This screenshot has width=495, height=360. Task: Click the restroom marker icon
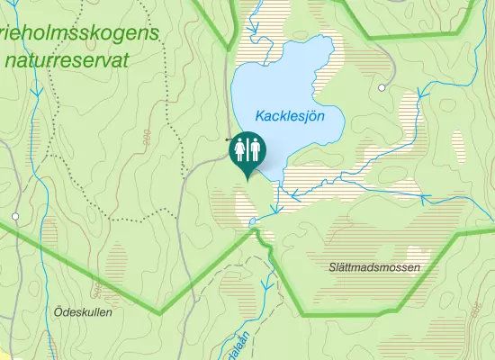tap(247, 149)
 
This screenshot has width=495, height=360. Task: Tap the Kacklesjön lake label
tap(289, 116)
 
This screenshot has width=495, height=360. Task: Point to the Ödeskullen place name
tap(82, 312)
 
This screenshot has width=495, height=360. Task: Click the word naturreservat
tap(66, 60)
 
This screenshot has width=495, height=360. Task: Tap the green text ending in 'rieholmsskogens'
tap(81, 33)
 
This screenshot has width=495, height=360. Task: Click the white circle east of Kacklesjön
tap(382, 87)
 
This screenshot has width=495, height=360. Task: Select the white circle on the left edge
tap(15, 217)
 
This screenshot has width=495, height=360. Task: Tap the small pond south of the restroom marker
tap(253, 220)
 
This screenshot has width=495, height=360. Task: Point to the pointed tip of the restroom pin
tap(247, 179)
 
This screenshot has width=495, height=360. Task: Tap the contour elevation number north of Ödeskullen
tap(96, 288)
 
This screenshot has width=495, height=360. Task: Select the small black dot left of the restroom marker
tap(227, 140)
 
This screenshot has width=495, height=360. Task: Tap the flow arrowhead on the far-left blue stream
tap(37, 91)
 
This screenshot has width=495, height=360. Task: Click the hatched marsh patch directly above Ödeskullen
tap(119, 265)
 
